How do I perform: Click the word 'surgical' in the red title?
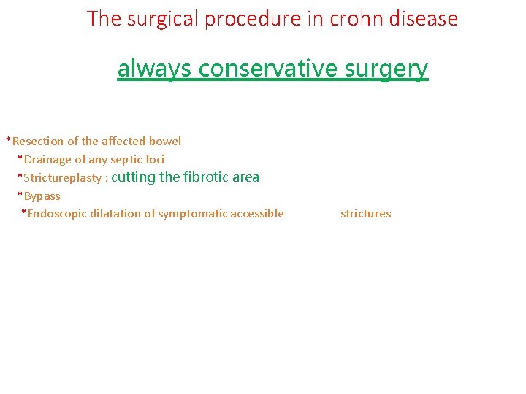(x=159, y=18)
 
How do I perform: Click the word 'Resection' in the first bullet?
(x=38, y=141)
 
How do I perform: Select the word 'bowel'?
(x=165, y=141)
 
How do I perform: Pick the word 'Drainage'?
(x=47, y=159)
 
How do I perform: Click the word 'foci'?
(x=155, y=159)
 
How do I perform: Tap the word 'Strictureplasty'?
(x=62, y=177)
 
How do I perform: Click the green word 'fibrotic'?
(x=206, y=177)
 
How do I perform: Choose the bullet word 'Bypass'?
(x=42, y=196)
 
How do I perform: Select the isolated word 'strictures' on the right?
(x=366, y=214)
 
